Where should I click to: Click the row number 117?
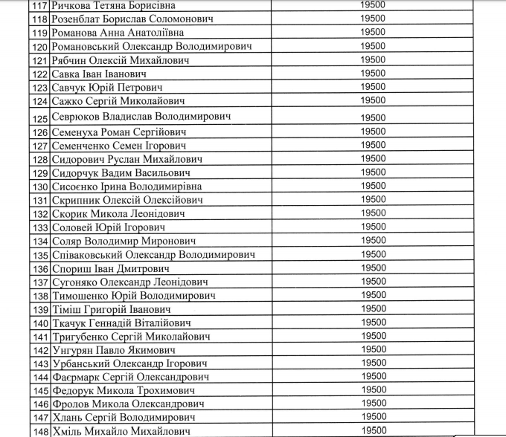tap(39, 5)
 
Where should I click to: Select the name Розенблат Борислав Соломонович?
tap(127, 19)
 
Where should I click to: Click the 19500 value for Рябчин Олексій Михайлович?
tap(372, 59)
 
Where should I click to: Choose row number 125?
tap(39, 117)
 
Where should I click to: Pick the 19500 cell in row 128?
tap(372, 158)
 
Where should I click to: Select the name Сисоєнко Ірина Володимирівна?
tap(126, 187)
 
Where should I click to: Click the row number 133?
tap(39, 227)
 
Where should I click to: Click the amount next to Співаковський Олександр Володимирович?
tap(372, 254)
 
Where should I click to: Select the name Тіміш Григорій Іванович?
tap(109, 309)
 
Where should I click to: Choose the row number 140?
tap(39, 323)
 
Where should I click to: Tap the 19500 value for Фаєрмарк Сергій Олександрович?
tap(372, 377)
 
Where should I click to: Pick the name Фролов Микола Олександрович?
tap(128, 404)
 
